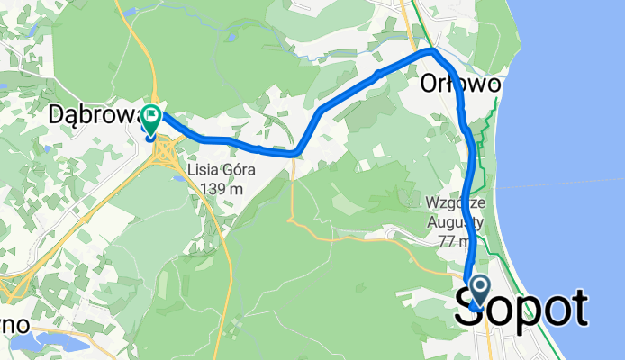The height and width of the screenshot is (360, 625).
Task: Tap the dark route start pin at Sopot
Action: coord(478,290)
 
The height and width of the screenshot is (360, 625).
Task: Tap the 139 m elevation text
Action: coord(216,189)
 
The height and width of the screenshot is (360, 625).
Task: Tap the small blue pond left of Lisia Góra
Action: coord(179,178)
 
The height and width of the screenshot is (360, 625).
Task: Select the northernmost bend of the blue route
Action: coord(432,52)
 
